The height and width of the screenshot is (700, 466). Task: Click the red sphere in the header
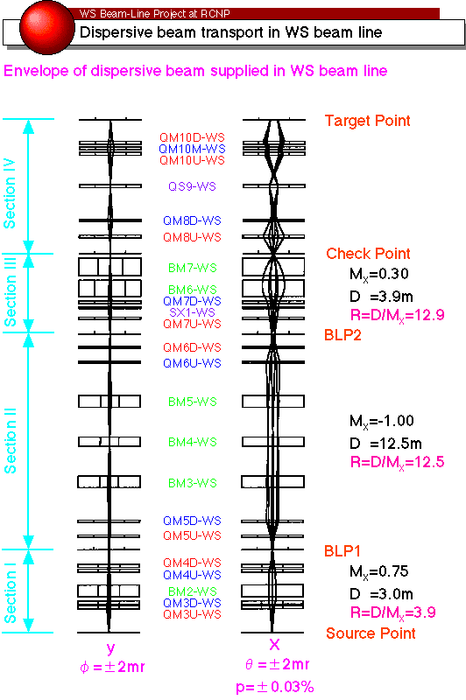[47, 28]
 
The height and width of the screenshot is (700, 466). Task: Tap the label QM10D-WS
[192, 137]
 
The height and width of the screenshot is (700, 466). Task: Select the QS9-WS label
[192, 186]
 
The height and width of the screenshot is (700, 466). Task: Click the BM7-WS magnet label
[193, 268]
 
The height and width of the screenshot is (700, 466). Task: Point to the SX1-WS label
[192, 312]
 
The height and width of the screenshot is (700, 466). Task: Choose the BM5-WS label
[193, 402]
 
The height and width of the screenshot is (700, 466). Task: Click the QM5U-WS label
[192, 535]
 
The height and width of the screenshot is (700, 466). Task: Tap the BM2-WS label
[193, 591]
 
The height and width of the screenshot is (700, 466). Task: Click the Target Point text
[367, 121]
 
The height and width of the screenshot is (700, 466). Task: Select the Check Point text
[368, 254]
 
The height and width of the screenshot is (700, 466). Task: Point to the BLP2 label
[342, 335]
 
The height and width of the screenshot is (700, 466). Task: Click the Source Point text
[371, 633]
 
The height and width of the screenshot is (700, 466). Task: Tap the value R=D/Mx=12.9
[397, 315]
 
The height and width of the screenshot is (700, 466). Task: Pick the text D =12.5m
[385, 444]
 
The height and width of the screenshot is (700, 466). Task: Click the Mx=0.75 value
[379, 572]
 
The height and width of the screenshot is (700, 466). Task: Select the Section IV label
[10, 193]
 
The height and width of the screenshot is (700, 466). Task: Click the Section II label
[10, 441]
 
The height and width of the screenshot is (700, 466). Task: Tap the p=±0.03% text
[275, 687]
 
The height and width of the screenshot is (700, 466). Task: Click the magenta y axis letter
[110, 648]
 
